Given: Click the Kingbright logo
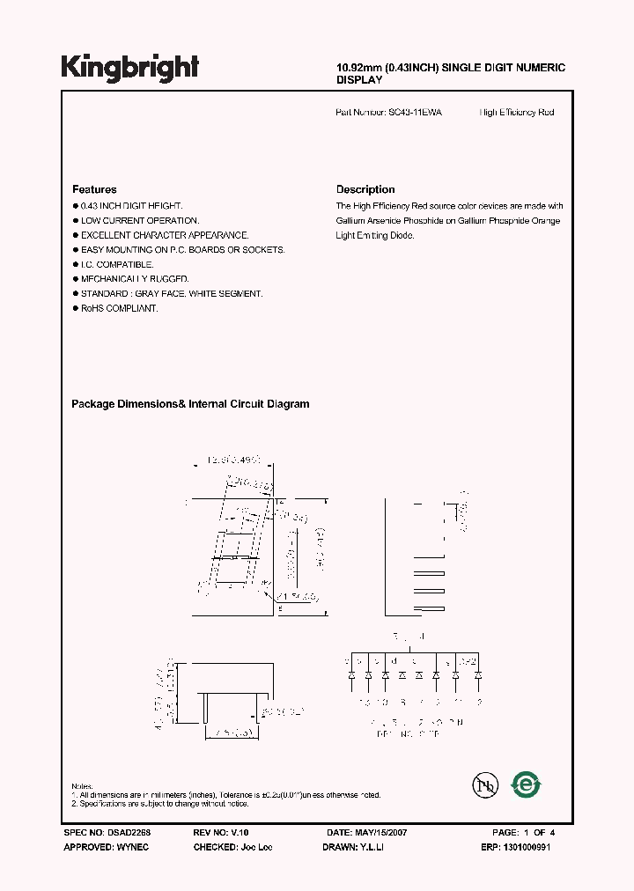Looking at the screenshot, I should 129,67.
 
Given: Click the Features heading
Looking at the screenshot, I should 94,189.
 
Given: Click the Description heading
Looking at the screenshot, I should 365,189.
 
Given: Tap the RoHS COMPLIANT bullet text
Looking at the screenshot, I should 119,309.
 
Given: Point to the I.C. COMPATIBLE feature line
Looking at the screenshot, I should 117,264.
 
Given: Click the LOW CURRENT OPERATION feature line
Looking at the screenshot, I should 139,220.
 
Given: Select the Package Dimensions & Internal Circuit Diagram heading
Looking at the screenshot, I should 190,404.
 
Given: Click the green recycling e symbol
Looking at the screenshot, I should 527,783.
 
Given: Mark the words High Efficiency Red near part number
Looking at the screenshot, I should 517,113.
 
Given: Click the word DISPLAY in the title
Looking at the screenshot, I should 359,79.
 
